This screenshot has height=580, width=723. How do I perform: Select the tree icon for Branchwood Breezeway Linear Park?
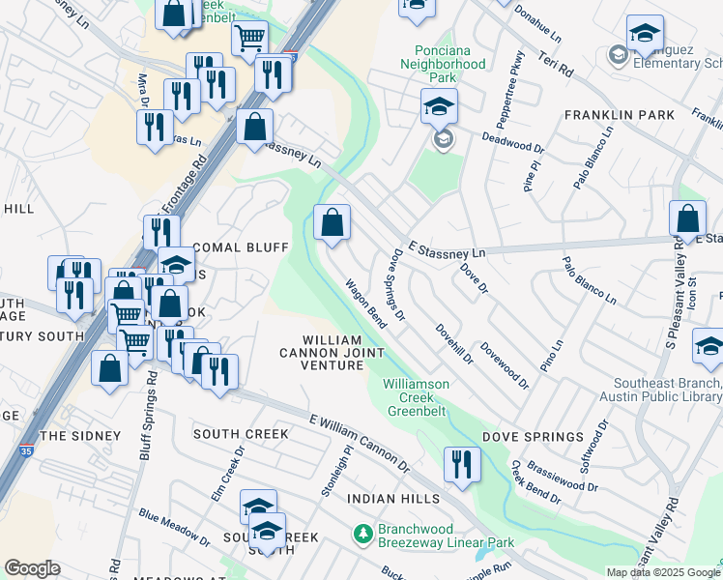tap(363, 533)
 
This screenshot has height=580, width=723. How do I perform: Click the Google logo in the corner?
tap(32, 568)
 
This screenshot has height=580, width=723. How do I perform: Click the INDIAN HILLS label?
tap(393, 499)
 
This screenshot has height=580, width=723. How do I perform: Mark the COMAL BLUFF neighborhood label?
tap(227, 247)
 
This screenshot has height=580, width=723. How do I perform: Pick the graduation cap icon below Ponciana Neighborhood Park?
tap(439, 106)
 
